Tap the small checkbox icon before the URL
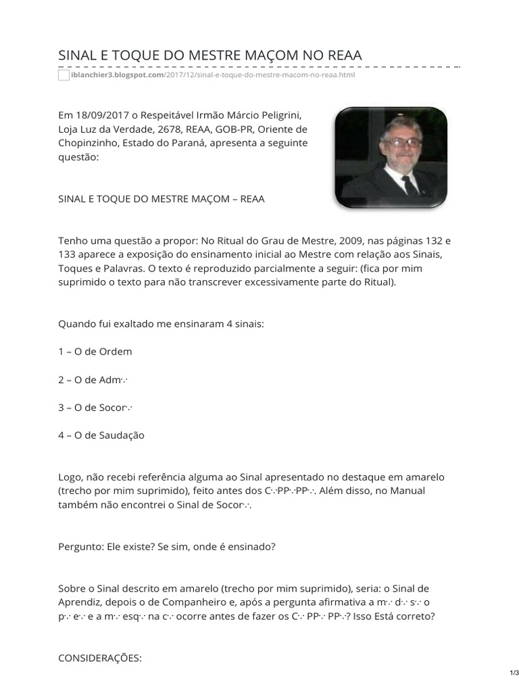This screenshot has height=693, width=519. pyautogui.click(x=64, y=75)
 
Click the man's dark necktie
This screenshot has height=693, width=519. pyautogui.click(x=409, y=183)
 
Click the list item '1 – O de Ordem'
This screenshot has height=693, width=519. pyautogui.click(x=95, y=351)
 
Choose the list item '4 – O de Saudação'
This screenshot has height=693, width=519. pyautogui.click(x=101, y=435)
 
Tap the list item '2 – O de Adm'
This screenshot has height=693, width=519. pyautogui.click(x=93, y=380)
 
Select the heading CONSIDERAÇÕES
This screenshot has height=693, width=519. pyautogui.click(x=100, y=657)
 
